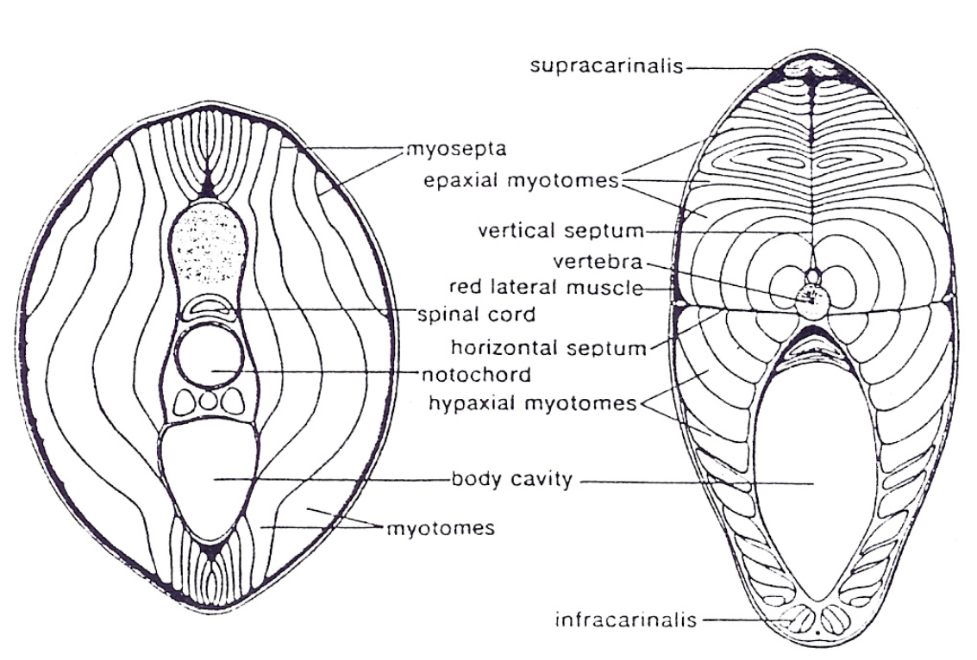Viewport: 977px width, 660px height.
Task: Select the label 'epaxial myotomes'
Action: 522,181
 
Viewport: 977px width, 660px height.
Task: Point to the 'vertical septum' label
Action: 561,231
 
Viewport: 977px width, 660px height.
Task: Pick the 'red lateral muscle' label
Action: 546,287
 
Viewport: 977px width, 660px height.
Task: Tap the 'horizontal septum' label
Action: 548,348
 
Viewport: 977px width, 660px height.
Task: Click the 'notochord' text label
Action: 476,375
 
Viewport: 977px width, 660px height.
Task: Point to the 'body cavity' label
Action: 512,479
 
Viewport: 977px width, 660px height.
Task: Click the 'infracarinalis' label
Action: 625,619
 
